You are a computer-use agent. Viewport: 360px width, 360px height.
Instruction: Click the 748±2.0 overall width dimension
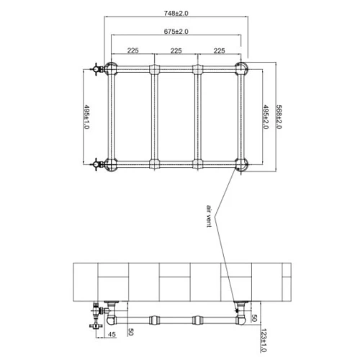tap(176, 13)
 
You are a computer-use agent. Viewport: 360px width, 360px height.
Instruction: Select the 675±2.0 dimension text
tap(176, 32)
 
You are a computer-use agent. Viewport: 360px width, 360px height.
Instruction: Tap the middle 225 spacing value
tap(176, 50)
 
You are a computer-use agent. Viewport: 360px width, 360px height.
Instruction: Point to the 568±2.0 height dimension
tap(279, 117)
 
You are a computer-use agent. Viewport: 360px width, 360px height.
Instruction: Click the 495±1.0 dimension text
tap(86, 117)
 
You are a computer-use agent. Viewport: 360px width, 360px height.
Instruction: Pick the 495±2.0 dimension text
tap(266, 117)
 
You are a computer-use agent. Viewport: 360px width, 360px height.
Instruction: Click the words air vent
tap(209, 216)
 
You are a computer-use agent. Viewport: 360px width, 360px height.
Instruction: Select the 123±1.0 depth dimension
tap(264, 341)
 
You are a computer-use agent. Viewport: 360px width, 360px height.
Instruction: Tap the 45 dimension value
tap(112, 334)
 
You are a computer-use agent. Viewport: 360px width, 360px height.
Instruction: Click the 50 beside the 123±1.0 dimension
tap(254, 318)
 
